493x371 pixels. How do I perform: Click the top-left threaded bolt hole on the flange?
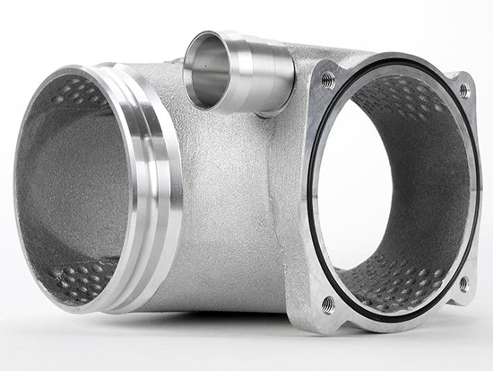(x=328, y=80)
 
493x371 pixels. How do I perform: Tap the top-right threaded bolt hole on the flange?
(x=464, y=91)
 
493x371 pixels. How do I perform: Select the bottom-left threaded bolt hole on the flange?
(x=328, y=304)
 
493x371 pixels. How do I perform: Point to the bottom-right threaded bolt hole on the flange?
(x=463, y=284)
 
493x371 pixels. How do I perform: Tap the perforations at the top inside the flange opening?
(x=403, y=99)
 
